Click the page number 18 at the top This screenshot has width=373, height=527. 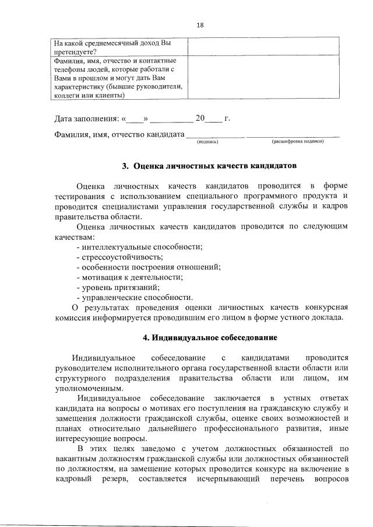200,25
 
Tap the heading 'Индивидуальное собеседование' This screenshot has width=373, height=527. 210,338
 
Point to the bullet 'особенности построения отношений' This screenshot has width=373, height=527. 148,267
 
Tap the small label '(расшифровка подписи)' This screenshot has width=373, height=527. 297,141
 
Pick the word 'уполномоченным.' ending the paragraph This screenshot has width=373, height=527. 80,388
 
